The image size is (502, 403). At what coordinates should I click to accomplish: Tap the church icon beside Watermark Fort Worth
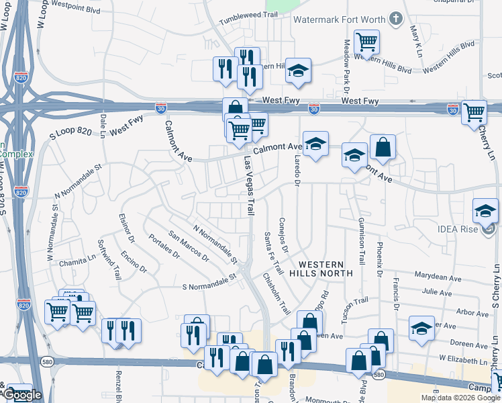pos(397,18)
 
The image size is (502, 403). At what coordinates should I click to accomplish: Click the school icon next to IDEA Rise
pos(485,212)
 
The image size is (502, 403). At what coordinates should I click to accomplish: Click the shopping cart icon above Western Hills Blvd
pos(366,42)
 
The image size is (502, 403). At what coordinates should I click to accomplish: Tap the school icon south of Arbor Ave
pos(421,328)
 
